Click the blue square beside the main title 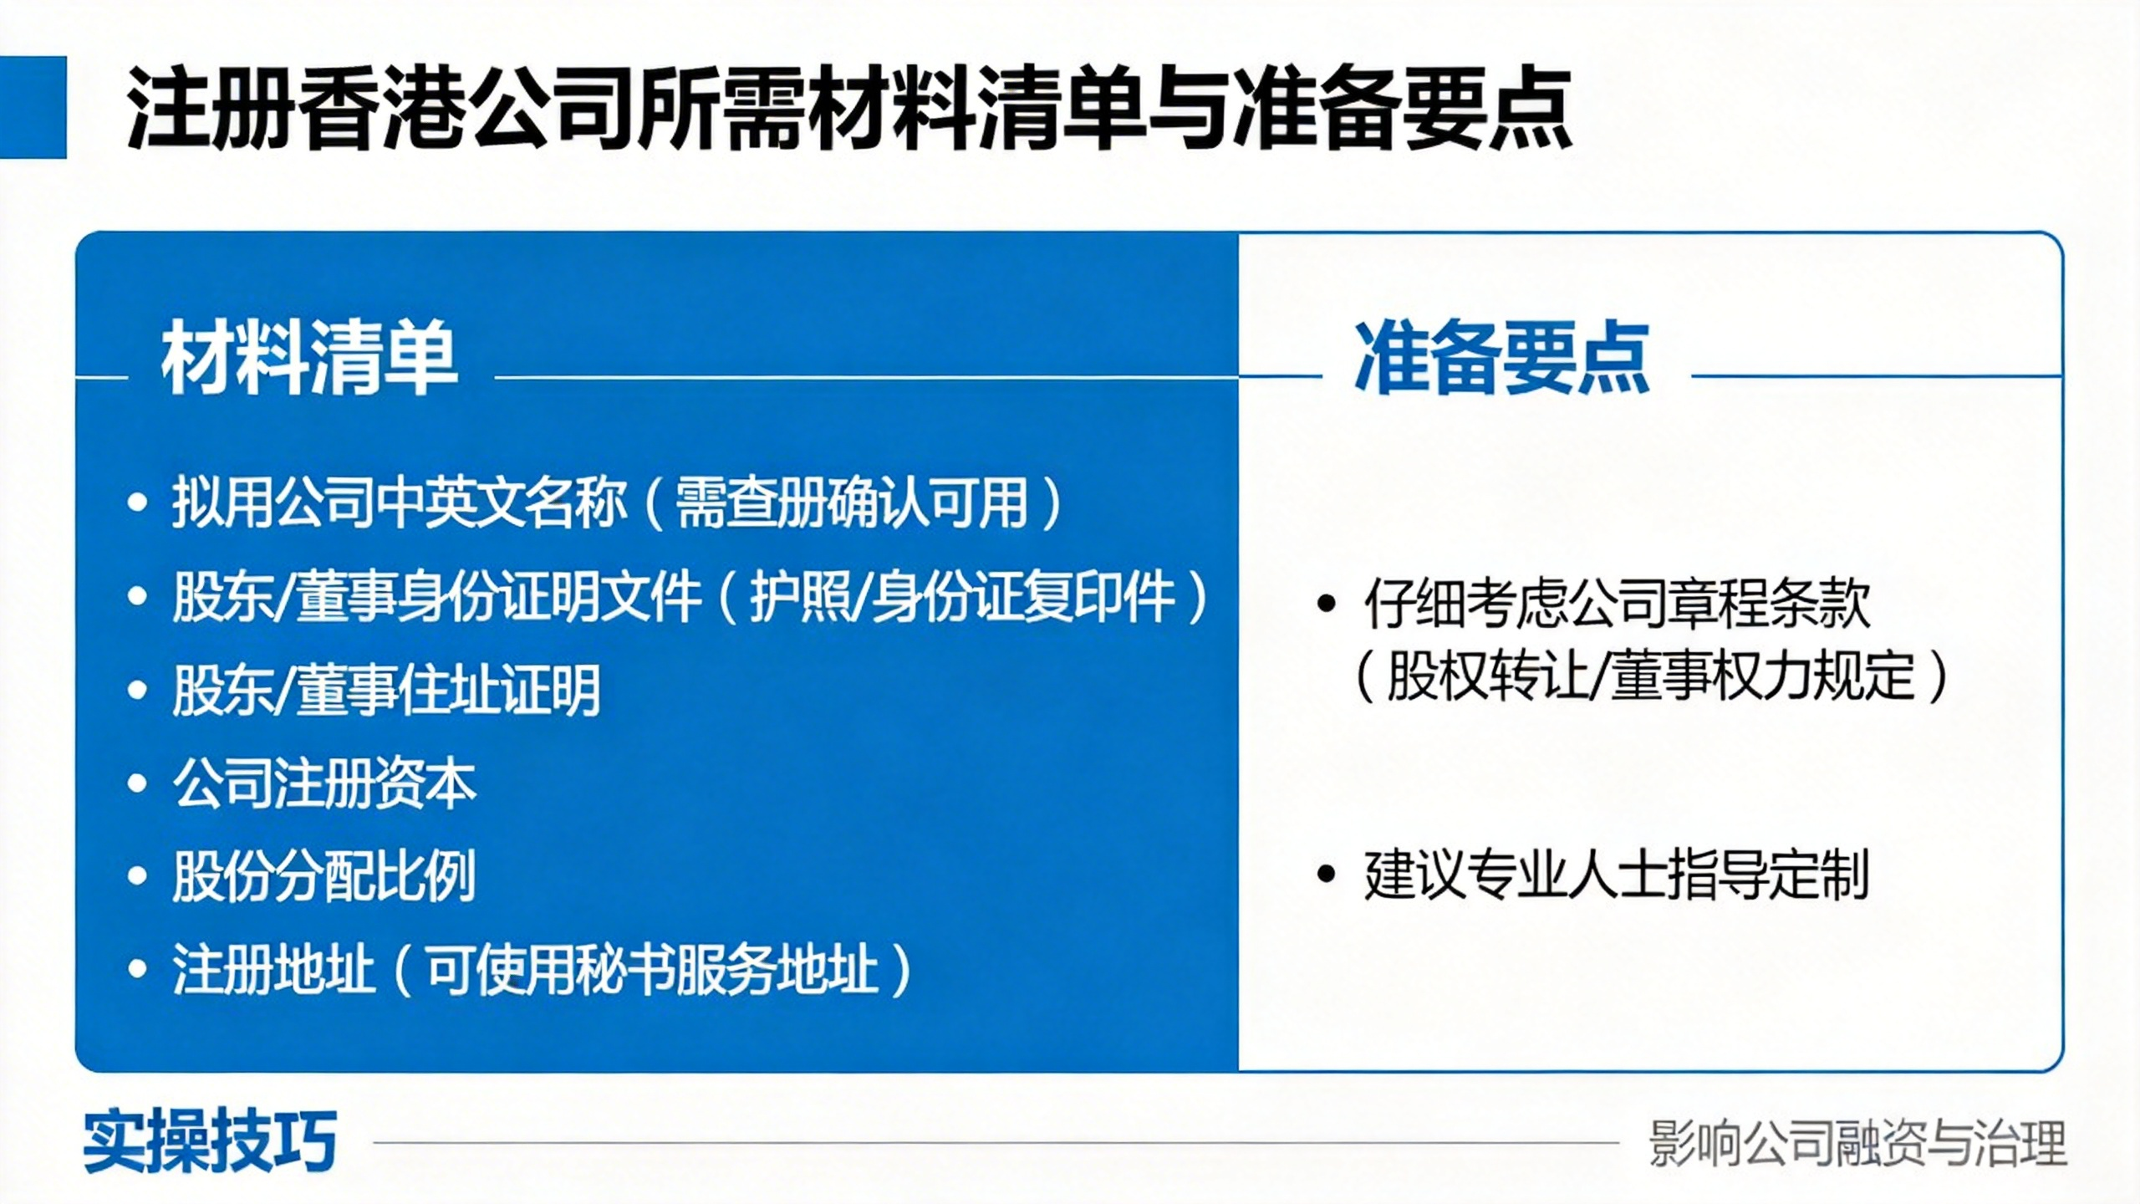33,107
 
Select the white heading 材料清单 310,358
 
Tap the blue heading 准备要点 1502,358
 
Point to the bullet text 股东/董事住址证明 386,691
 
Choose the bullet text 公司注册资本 324,784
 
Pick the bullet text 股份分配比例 324,876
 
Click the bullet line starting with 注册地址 542,970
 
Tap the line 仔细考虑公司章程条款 1618,603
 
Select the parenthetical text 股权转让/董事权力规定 1651,676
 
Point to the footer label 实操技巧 210,1141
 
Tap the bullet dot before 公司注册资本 137,784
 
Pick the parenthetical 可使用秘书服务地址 652,970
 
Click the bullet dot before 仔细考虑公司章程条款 1326,604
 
